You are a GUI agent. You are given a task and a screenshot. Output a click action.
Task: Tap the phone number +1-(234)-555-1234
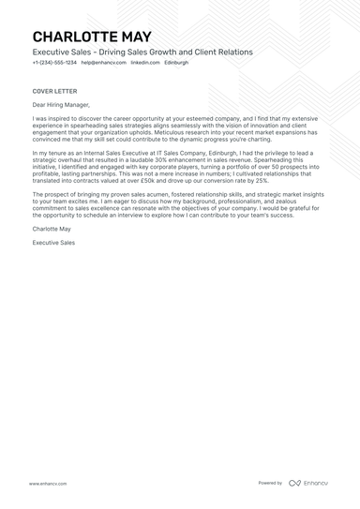[54, 62]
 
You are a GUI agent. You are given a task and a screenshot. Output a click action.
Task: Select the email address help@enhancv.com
[103, 62]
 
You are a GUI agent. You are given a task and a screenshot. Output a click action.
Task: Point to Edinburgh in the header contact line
[176, 62]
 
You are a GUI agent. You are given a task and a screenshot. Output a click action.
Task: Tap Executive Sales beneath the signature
[54, 243]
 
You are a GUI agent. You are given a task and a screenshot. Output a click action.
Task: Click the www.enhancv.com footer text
[47, 484]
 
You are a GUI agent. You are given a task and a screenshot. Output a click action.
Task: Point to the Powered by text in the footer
[270, 484]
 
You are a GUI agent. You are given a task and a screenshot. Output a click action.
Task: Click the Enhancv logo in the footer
[308, 484]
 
